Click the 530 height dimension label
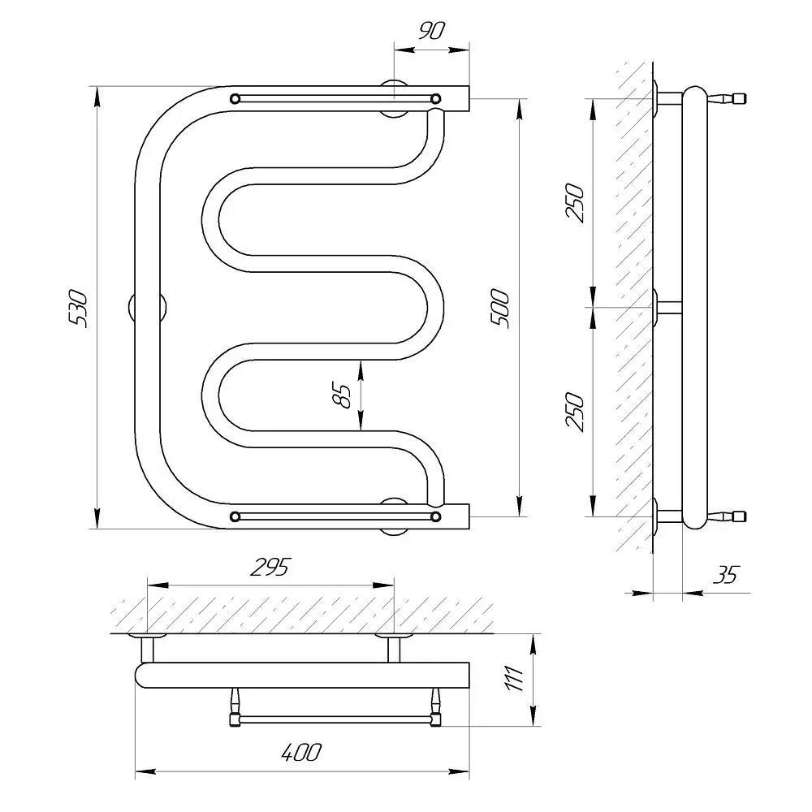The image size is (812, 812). (79, 309)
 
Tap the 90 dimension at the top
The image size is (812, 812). (431, 31)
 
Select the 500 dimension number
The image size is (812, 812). (500, 309)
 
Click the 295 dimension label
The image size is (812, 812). (271, 567)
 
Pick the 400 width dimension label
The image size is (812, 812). (301, 752)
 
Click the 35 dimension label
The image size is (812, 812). (726, 575)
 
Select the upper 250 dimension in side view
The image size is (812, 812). (575, 202)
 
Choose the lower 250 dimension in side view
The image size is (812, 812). (575, 412)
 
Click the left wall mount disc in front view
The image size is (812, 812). (147, 309)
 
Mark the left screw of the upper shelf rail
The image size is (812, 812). (235, 98)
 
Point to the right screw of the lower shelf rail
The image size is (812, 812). (436, 516)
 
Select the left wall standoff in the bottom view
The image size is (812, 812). (148, 647)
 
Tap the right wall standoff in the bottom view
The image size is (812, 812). (394, 647)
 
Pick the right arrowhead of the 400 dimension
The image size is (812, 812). (459, 772)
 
